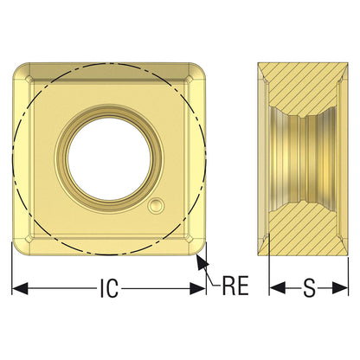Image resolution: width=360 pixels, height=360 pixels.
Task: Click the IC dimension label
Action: click(109, 288)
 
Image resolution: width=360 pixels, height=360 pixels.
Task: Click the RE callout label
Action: click(235, 286)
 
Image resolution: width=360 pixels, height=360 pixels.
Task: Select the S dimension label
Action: click(309, 288)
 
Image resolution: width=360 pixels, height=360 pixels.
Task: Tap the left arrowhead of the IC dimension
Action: click(20, 288)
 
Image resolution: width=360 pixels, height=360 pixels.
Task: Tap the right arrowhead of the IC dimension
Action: click(197, 288)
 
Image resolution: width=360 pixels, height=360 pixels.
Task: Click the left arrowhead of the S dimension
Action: click(277, 288)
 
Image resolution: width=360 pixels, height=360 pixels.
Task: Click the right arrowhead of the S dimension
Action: click(340, 288)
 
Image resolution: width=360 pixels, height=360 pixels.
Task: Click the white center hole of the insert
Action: click(109, 159)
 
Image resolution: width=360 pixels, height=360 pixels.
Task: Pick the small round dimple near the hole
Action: click(156, 206)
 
